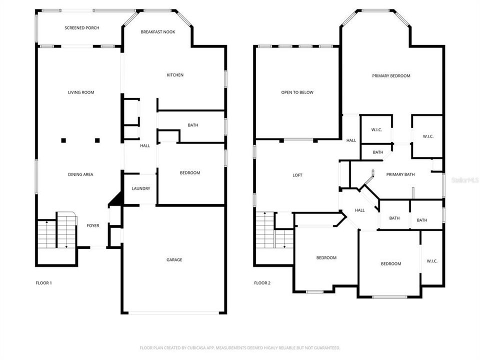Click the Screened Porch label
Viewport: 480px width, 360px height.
81,28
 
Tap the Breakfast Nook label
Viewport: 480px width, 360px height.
157,32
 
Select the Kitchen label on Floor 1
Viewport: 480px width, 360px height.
175,75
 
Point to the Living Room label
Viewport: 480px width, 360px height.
81,92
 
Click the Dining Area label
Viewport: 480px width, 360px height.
80,174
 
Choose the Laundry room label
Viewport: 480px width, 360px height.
140,188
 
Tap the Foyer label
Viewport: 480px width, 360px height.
93,225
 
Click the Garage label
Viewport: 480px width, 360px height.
174,259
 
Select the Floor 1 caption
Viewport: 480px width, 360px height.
43,283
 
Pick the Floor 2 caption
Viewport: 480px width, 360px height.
262,283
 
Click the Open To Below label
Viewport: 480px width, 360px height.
297,92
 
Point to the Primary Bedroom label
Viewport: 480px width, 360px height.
391,76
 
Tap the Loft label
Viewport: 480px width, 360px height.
297,175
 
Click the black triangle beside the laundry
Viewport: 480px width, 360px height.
116,199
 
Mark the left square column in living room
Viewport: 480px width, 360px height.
63,140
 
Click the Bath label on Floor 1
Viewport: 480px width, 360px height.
193,125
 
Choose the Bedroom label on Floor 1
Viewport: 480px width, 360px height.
190,173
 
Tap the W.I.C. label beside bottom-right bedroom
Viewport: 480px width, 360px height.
432,261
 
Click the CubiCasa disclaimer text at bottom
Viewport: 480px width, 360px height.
240,347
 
